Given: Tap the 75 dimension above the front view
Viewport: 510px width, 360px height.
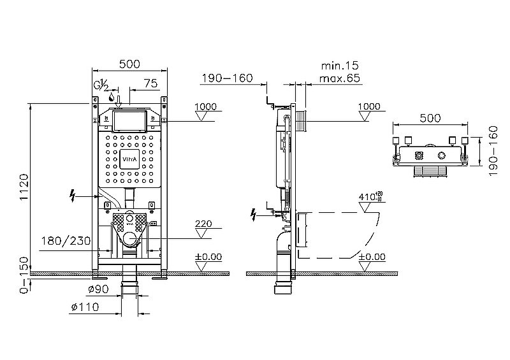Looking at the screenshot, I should click(x=150, y=83).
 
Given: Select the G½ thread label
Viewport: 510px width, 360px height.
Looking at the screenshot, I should click(x=103, y=85).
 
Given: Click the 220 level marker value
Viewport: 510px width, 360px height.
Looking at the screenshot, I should click(x=203, y=224).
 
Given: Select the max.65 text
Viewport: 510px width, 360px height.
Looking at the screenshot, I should click(x=341, y=78).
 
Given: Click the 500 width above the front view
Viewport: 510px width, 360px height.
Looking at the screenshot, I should click(x=129, y=64).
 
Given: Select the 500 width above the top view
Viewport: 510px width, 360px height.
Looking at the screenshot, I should click(x=431, y=118).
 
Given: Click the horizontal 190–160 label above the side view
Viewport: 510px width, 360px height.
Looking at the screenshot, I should click(x=228, y=78).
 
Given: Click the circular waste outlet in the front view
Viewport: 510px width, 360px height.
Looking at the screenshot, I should click(x=131, y=240).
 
